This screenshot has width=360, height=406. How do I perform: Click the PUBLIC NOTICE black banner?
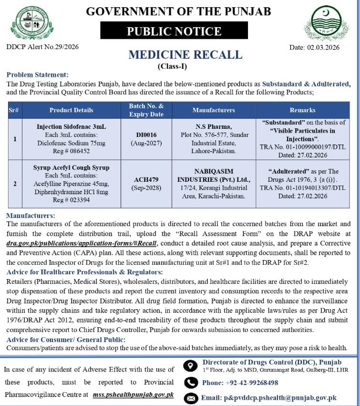pos(174,31)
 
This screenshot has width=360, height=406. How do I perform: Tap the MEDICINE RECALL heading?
pos(185,54)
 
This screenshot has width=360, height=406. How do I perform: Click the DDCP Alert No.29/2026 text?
pos(42,47)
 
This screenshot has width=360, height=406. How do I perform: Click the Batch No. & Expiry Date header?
pos(146,110)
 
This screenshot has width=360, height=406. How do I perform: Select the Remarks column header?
pos(302,110)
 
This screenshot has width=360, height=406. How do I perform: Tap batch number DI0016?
pos(146,135)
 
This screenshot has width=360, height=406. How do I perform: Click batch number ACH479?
pos(146,179)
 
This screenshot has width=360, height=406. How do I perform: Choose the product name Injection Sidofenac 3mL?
pos(71,127)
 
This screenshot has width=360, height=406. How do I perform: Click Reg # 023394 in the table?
pos(71,200)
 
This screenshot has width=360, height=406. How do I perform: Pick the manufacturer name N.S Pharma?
pos(214,127)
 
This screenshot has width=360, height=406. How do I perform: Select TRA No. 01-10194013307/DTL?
pos(302,188)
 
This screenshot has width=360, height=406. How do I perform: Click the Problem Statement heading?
pos(37,75)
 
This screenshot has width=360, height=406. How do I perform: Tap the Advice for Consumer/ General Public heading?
pos(66,339)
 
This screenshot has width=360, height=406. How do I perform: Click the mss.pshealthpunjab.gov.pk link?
pos(133,395)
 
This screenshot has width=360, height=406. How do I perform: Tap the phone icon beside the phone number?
pos(191,383)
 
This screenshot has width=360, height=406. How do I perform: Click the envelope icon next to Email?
pos(191,398)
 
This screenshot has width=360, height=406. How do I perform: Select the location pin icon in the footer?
pos(191,366)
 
